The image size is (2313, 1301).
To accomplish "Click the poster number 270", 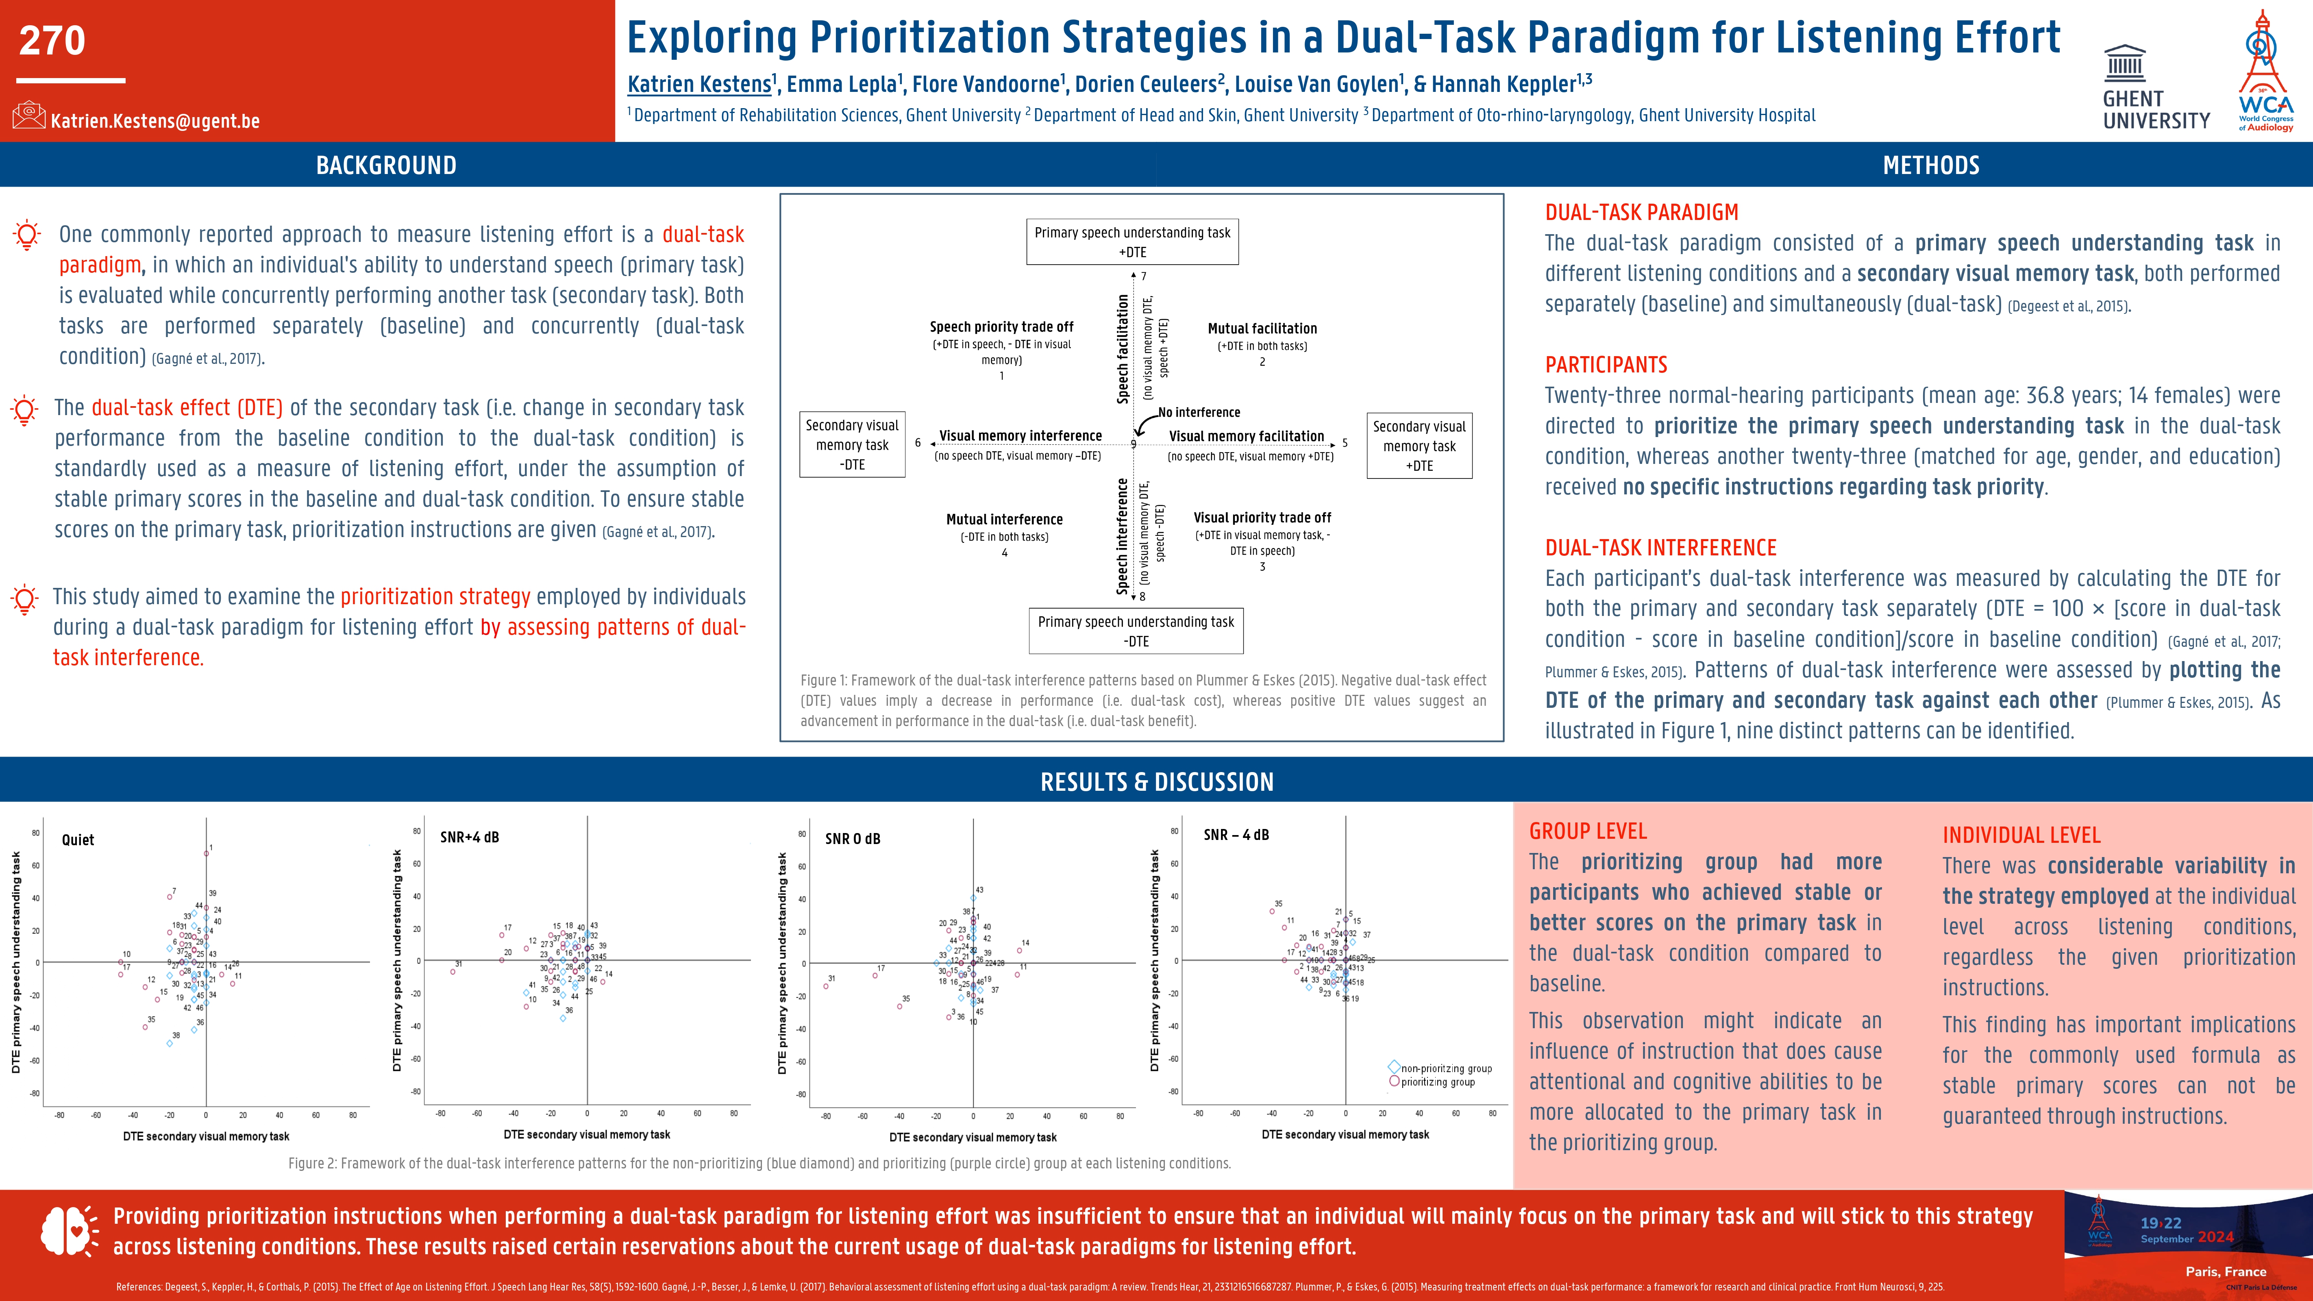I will click(x=52, y=40).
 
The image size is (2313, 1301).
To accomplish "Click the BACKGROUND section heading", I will click(x=386, y=165).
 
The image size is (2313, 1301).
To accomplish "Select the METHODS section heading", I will click(x=1930, y=165).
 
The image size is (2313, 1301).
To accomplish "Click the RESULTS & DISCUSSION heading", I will click(x=1156, y=782).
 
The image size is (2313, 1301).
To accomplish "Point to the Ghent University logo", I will click(x=2155, y=87).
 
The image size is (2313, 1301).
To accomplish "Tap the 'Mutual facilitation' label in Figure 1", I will click(x=1262, y=329).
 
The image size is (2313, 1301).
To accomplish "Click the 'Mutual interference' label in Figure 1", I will click(x=1004, y=519).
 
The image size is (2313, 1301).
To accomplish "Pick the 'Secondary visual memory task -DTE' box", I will click(x=852, y=444).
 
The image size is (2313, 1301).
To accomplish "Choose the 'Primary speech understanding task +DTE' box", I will click(x=1132, y=241).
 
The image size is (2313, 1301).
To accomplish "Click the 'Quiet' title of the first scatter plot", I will click(x=78, y=840).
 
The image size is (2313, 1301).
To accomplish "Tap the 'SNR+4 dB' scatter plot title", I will click(x=470, y=837).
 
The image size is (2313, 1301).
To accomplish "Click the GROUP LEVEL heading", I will click(x=1588, y=831).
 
